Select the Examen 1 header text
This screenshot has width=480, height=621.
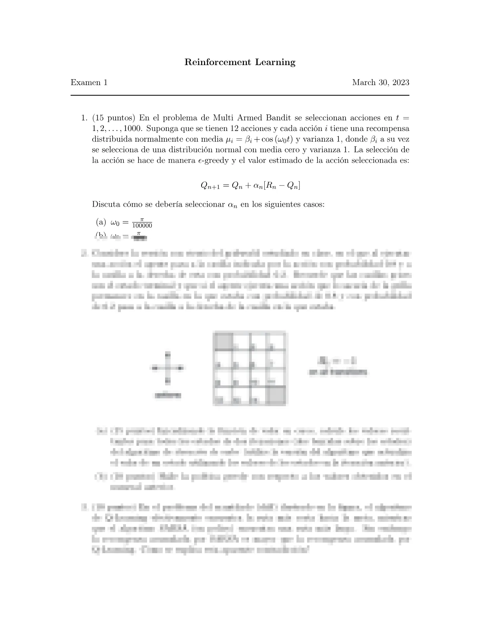click(x=89, y=83)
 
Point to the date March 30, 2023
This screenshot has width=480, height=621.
click(x=380, y=83)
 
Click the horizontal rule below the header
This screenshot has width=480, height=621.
click(x=240, y=95)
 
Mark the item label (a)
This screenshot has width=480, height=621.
click(x=101, y=222)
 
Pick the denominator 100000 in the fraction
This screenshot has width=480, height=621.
click(x=142, y=226)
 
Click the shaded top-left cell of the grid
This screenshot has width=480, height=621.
click(x=223, y=341)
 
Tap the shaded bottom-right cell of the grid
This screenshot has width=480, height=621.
click(x=276, y=395)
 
